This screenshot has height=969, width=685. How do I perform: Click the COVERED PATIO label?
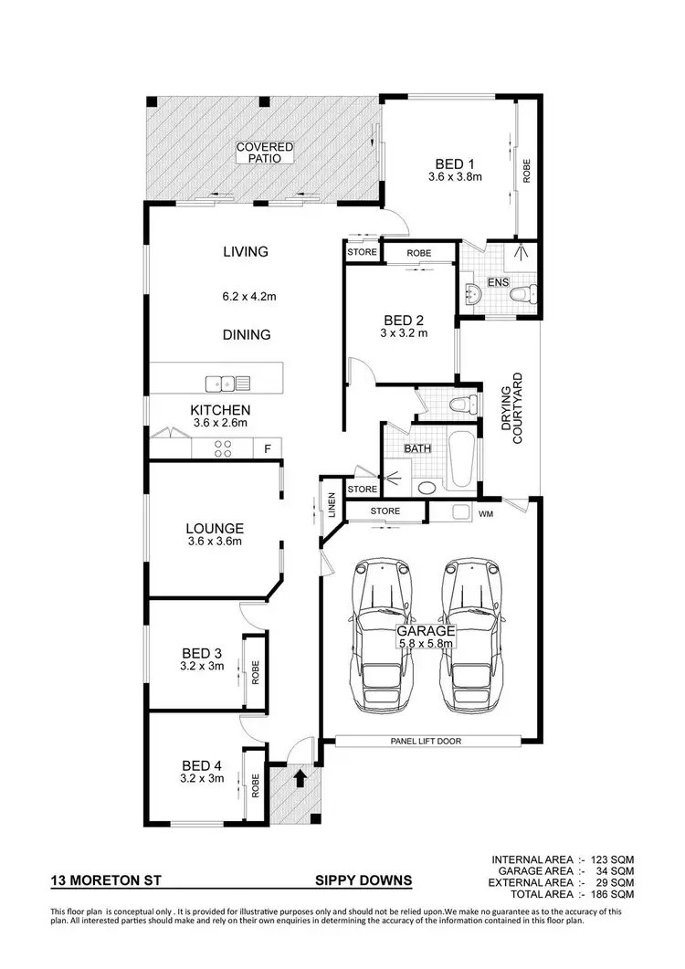(265, 152)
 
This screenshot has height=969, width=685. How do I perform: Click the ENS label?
(498, 282)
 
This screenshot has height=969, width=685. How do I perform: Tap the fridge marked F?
(268, 449)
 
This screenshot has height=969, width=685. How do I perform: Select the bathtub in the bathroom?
(461, 461)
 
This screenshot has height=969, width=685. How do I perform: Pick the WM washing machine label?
(487, 514)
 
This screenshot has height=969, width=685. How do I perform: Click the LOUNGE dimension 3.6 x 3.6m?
(214, 542)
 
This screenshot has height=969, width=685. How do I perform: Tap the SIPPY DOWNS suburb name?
(362, 881)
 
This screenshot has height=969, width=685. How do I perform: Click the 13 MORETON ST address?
(100, 881)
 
